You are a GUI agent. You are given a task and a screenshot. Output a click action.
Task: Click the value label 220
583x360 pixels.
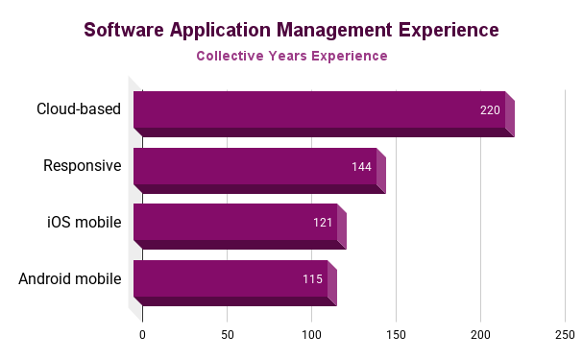[490, 110]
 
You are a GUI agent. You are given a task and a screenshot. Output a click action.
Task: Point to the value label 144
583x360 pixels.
[361, 167]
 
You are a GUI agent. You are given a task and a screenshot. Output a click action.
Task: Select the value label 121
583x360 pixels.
[323, 223]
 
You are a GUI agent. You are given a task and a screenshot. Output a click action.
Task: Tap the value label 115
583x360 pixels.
[313, 279]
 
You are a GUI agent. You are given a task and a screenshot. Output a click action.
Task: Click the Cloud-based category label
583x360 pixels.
[79, 109]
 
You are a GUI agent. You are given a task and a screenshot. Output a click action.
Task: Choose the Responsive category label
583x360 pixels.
[83, 166]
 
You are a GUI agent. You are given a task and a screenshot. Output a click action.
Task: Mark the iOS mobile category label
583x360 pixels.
[85, 223]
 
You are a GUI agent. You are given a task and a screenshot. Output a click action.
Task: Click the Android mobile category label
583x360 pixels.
[70, 279]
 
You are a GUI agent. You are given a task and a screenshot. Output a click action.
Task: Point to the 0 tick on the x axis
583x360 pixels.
[142, 335]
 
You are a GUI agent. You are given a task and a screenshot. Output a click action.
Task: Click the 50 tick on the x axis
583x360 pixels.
[227, 335]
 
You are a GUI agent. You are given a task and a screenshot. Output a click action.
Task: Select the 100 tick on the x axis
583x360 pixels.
[311, 335]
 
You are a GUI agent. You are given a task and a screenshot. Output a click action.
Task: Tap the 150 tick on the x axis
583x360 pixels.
[396, 335]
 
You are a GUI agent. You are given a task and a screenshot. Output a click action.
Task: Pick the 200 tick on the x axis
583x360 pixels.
[480, 335]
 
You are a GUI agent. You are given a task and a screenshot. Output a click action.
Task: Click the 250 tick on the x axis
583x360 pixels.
[565, 335]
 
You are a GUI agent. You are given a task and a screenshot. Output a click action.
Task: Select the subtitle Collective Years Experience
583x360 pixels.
[291, 57]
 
